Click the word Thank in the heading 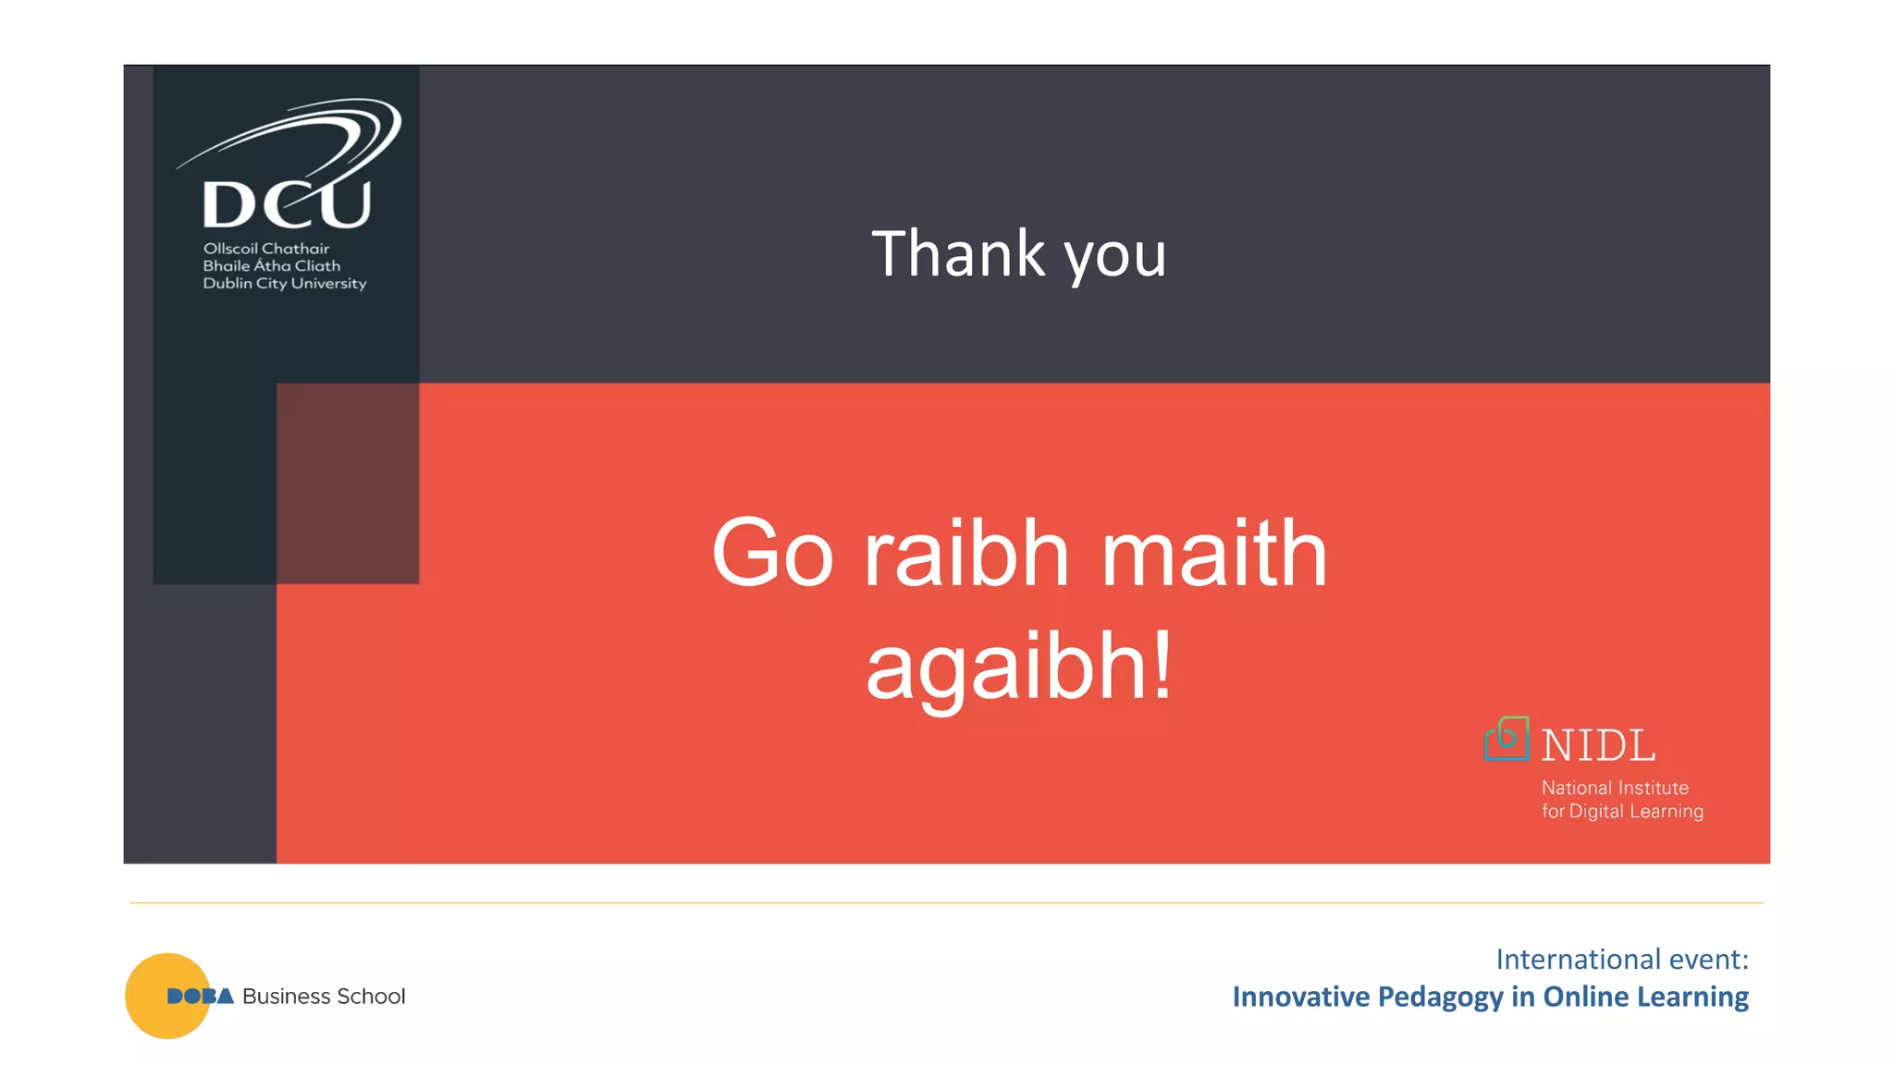[958, 254]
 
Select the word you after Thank [1115, 256]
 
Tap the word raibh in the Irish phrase [966, 554]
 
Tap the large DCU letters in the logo [287, 204]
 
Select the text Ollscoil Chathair [266, 249]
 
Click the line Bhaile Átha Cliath [272, 266]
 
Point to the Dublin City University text [285, 284]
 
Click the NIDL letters [1598, 746]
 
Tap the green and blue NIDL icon [1507, 739]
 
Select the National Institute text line [1615, 788]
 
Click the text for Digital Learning [1622, 811]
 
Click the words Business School [324, 997]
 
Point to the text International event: [1622, 960]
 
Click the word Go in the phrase [773, 554]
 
